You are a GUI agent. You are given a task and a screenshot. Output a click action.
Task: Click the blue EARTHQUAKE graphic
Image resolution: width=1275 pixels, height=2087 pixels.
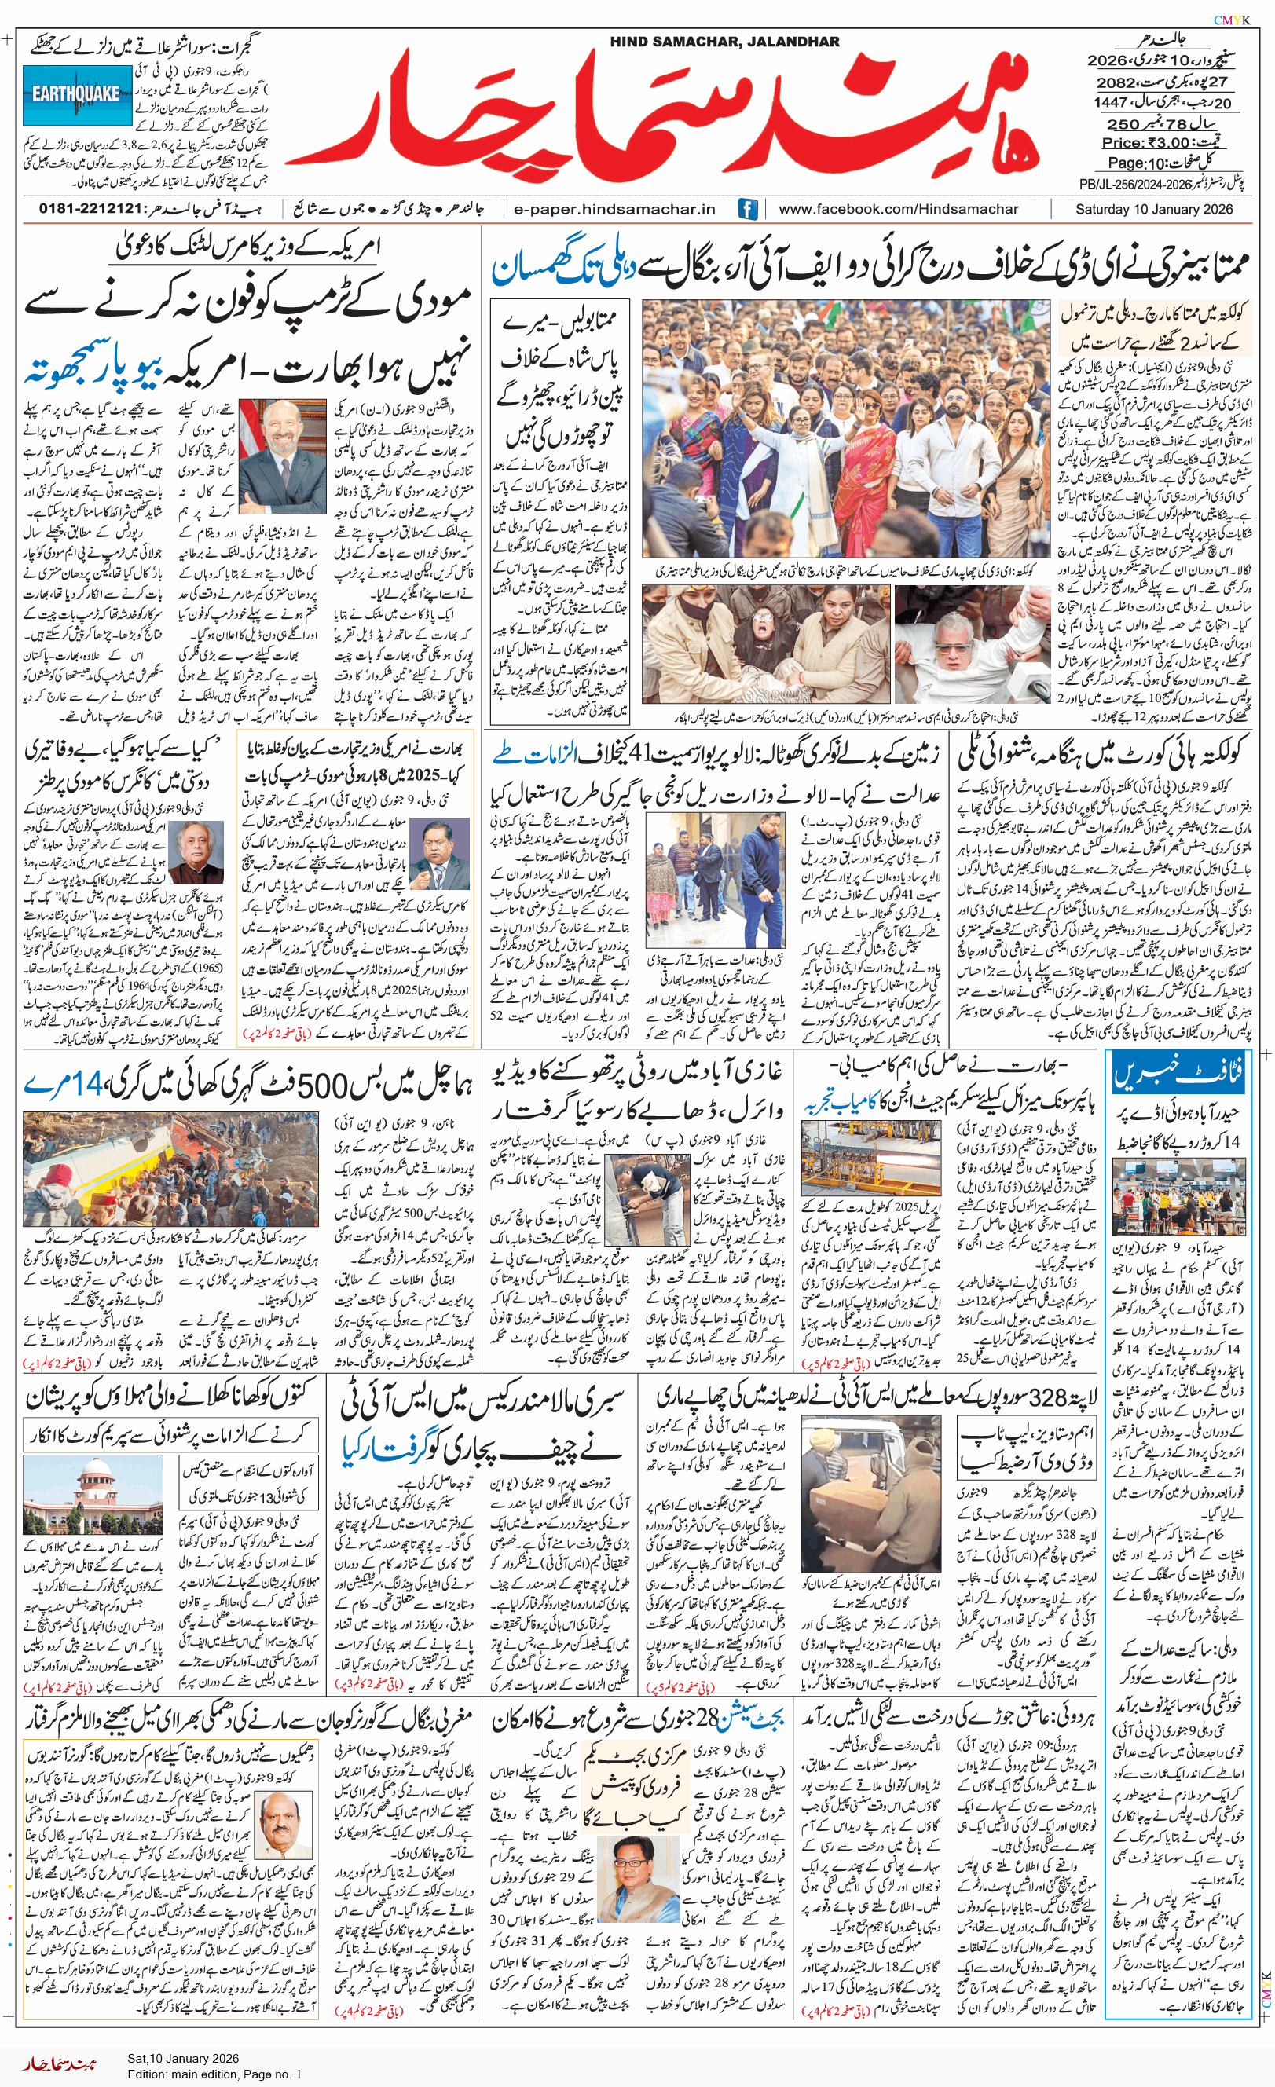[77, 94]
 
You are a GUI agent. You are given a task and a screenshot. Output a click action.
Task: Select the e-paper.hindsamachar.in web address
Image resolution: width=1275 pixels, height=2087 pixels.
[614, 209]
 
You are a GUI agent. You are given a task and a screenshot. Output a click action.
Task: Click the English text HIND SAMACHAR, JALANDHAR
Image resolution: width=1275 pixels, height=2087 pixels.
[724, 42]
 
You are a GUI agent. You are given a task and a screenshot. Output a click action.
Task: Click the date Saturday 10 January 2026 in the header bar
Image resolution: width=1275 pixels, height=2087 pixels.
[1154, 209]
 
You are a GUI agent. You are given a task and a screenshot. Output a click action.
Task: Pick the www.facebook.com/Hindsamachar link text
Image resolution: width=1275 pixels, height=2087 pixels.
[898, 209]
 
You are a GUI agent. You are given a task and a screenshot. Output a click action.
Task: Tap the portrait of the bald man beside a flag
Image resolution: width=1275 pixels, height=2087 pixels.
[282, 456]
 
